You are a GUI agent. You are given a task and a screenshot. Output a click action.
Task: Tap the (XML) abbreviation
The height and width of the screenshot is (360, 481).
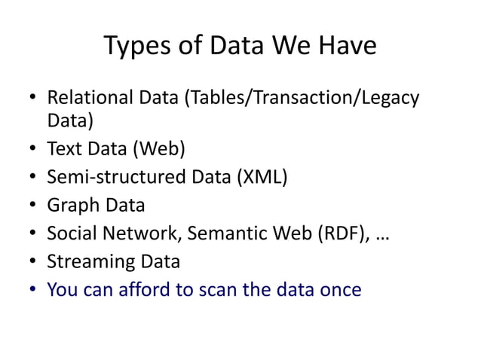coord(262,177)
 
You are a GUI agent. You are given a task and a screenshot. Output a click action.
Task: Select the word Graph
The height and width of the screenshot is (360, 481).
coord(69,205)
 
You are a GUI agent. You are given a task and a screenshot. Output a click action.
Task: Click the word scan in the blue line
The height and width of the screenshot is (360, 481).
coord(219,288)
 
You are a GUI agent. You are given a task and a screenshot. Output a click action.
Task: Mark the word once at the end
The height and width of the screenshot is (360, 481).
coord(339,288)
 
